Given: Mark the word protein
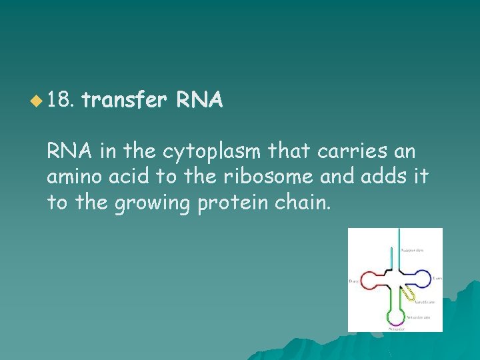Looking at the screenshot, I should coord(225,202).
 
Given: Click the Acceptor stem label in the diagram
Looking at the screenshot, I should coord(411,251).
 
